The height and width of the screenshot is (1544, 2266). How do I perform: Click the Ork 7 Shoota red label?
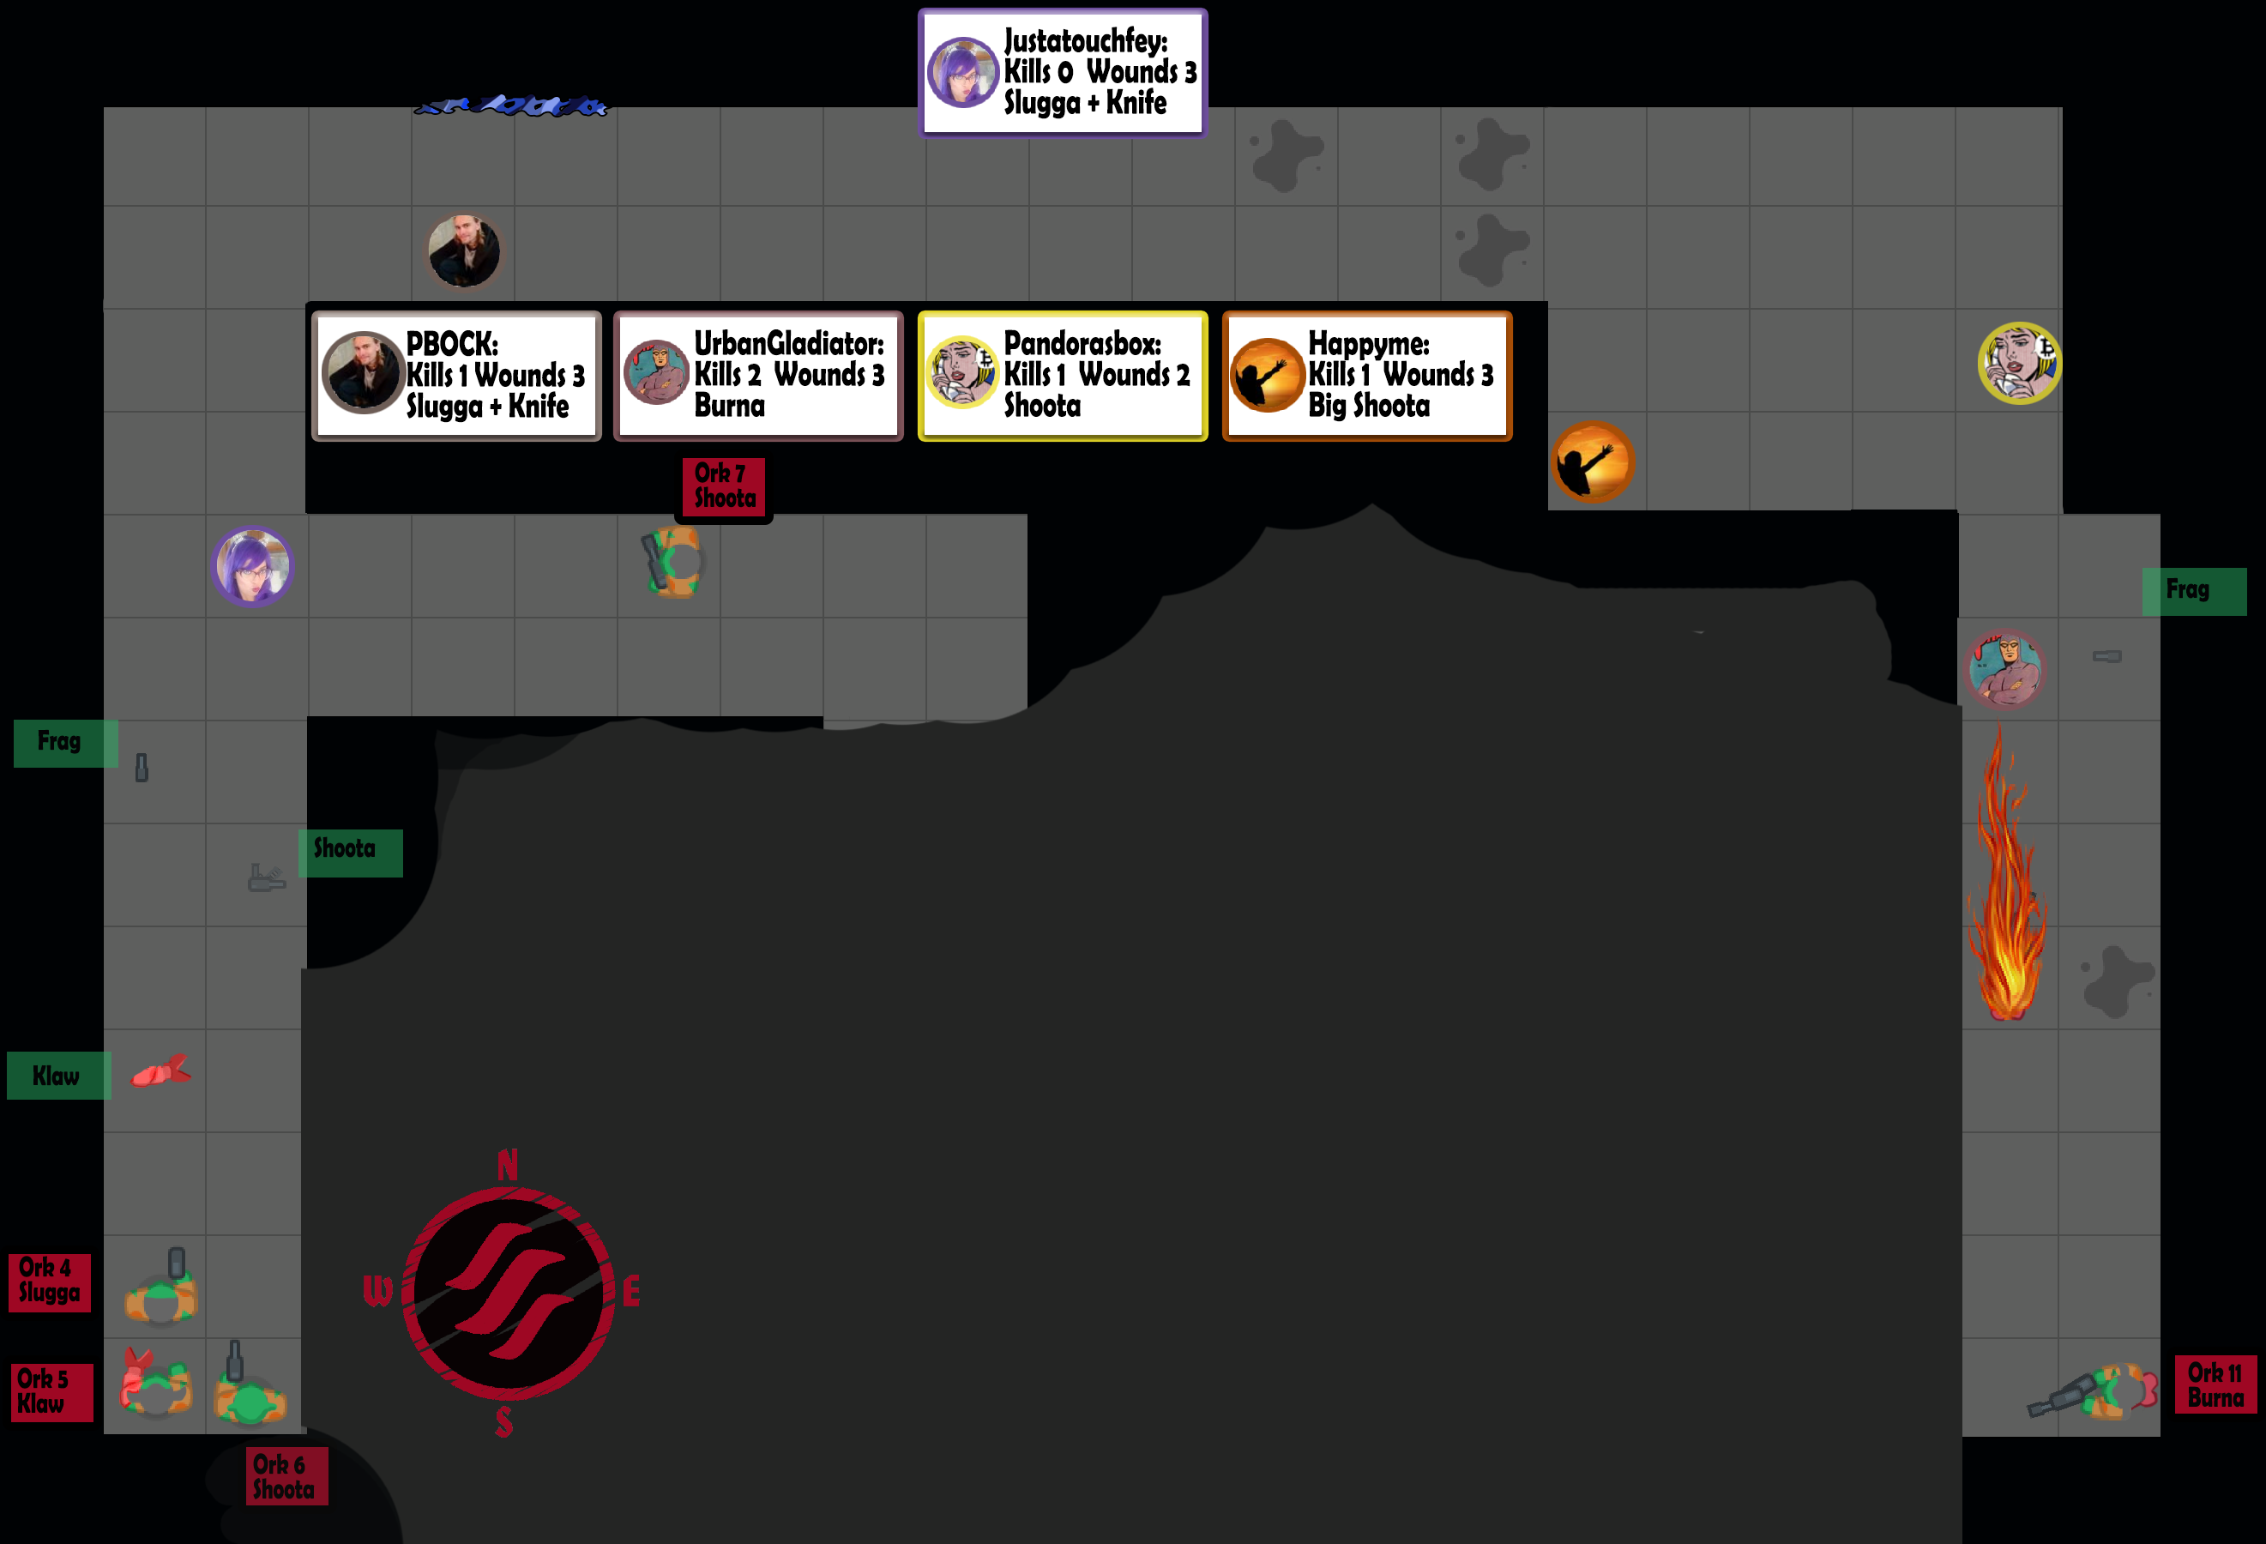724,486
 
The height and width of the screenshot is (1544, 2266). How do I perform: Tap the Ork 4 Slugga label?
49,1281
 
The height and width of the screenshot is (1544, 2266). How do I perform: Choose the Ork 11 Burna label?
2215,1385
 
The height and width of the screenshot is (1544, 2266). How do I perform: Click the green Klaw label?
57,1076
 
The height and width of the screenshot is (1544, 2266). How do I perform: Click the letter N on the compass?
507,1165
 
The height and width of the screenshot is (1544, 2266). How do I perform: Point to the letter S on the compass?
504,1422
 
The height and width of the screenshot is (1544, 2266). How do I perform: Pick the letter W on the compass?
377,1291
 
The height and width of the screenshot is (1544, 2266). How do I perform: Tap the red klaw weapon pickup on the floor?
161,1072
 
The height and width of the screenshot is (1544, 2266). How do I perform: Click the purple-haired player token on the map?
252,567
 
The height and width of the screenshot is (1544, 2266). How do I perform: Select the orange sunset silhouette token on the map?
1592,462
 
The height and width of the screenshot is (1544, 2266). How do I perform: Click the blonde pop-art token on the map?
2019,363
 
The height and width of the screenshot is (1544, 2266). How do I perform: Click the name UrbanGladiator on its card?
788,343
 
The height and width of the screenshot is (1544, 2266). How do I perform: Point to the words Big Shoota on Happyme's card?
1368,406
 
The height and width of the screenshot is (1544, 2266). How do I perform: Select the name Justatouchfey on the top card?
1084,41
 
